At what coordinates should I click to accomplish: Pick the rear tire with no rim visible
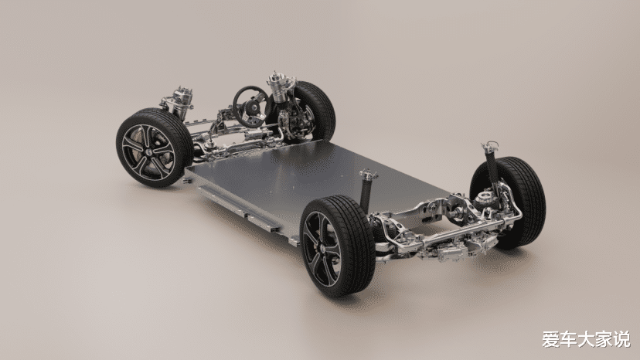click(x=515, y=202)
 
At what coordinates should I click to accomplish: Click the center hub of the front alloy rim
click(x=148, y=151)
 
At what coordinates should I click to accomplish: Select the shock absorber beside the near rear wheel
click(x=366, y=191)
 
